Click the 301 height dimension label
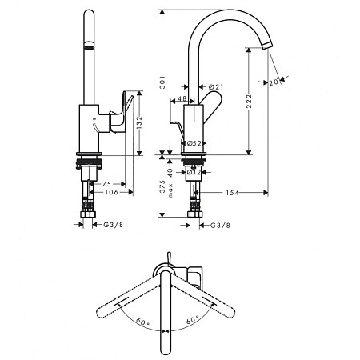point(163,82)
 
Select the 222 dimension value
point(249,101)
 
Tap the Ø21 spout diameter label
point(215,86)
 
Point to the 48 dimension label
point(182,98)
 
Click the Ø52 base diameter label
point(194,143)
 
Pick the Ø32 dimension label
point(194,172)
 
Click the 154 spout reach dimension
point(232,193)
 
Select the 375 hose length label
point(163,186)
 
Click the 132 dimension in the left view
point(139,122)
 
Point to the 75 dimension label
point(106,184)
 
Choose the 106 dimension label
point(111,192)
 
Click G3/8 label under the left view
point(114,225)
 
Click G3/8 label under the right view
point(220,226)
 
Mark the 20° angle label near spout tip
point(274,82)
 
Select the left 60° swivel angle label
point(142,321)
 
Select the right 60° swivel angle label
point(193,319)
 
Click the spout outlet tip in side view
point(267,46)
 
